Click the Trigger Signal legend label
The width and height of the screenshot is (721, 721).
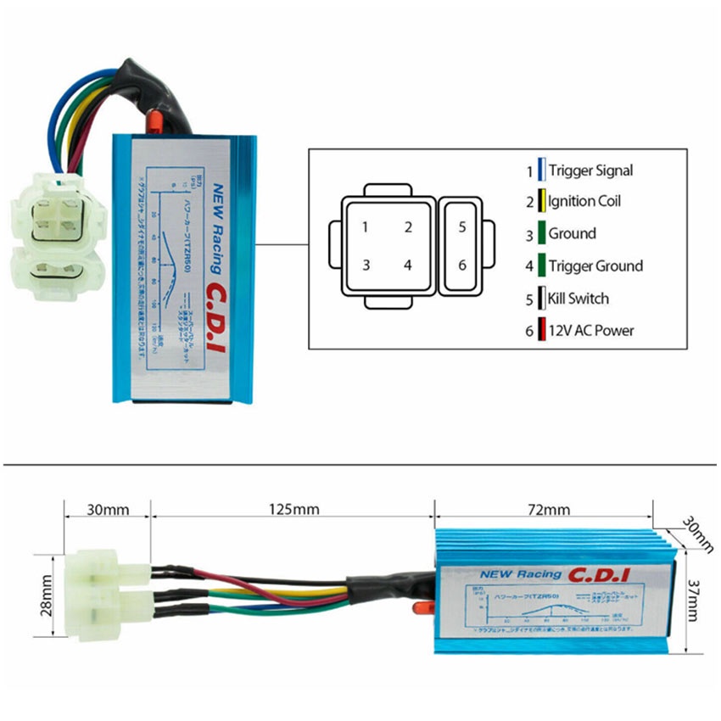click(590, 170)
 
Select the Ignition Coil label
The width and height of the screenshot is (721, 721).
click(584, 202)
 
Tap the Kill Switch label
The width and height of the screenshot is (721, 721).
click(578, 299)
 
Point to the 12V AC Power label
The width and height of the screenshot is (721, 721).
click(590, 331)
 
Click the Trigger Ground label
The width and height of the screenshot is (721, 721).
click(595, 266)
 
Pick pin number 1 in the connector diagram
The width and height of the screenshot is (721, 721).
click(365, 227)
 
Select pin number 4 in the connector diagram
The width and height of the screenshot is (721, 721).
click(408, 265)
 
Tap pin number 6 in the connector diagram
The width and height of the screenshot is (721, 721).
click(462, 265)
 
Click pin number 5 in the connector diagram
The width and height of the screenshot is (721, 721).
click(462, 227)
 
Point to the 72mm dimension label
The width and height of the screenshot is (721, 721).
click(544, 510)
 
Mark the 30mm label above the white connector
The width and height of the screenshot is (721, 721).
click(109, 510)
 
